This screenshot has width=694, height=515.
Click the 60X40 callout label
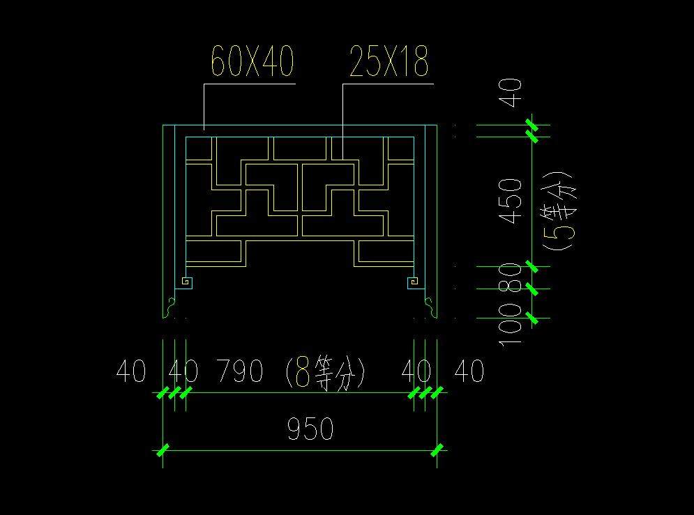pyautogui.click(x=252, y=63)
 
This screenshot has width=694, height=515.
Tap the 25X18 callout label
pyautogui.click(x=389, y=63)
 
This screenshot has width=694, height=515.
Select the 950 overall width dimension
pyautogui.click(x=310, y=429)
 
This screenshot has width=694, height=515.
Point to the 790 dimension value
pyautogui.click(x=239, y=371)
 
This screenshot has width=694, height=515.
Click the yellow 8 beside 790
pyautogui.click(x=303, y=372)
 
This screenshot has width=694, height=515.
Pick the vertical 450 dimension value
pyautogui.click(x=512, y=201)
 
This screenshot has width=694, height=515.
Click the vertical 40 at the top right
pyautogui.click(x=512, y=93)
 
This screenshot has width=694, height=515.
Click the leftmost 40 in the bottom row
pyautogui.click(x=130, y=371)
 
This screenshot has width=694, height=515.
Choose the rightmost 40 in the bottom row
pyautogui.click(x=469, y=371)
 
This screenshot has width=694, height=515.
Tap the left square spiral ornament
pyautogui.click(x=186, y=282)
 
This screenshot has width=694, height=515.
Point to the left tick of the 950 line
pyautogui.click(x=163, y=450)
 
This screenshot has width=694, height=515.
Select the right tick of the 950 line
pyautogui.click(x=437, y=450)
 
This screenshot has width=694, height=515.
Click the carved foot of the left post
pyautogui.click(x=169, y=305)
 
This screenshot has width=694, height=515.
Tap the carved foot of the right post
pyautogui.click(x=431, y=305)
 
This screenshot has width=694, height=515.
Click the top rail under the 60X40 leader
pyautogui.click(x=300, y=131)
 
